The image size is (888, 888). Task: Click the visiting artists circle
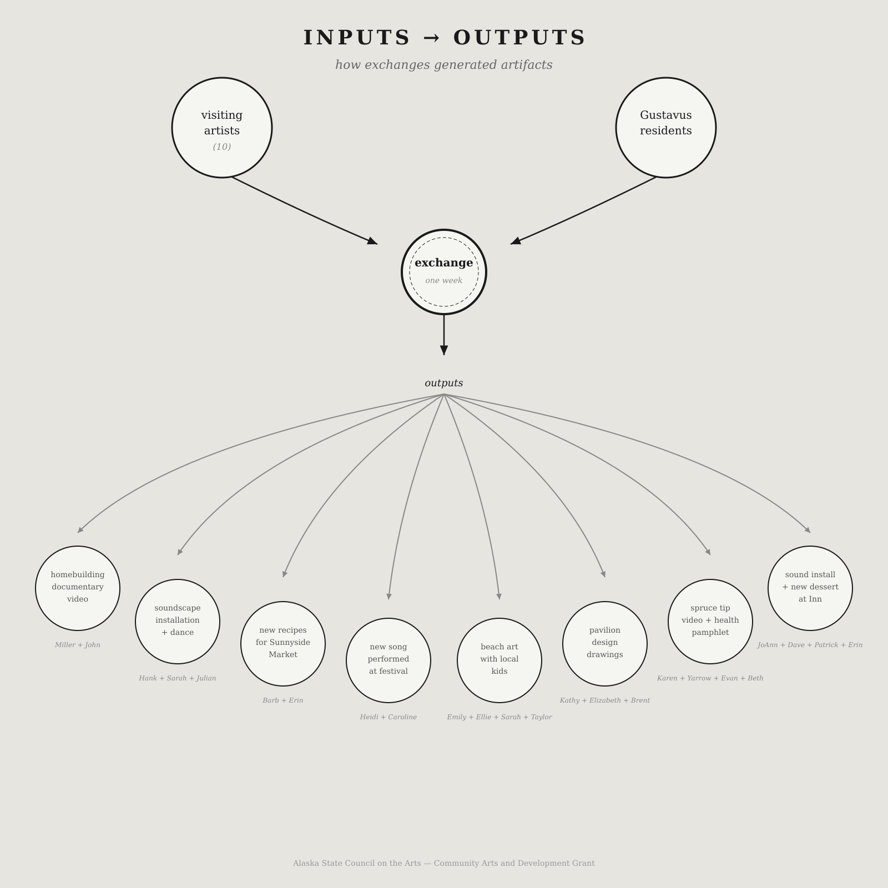tap(222, 128)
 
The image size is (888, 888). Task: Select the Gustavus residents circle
tap(666, 128)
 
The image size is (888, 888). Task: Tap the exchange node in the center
tap(444, 272)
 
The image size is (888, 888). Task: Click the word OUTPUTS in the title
tap(519, 38)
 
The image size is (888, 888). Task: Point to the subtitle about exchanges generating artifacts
tap(444, 65)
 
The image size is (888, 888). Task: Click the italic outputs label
tap(444, 383)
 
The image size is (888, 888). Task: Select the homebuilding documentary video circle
tap(78, 588)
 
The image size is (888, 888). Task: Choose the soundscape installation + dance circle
tap(178, 622)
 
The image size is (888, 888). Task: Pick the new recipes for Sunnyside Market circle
tap(283, 644)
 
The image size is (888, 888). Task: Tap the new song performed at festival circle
tap(389, 660)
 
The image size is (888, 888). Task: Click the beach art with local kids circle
tap(500, 660)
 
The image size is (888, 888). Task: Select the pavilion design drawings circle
tap(605, 644)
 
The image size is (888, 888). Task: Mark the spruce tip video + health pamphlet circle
tap(710, 622)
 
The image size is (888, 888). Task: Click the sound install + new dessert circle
tap(810, 588)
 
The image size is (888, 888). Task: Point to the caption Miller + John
tap(78, 645)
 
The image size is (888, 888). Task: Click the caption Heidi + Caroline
tap(389, 717)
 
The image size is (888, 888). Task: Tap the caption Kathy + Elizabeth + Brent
tap(605, 700)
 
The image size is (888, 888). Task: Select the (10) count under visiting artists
tap(222, 147)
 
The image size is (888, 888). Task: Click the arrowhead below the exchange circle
tap(444, 350)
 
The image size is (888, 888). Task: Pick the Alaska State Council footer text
tap(444, 863)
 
